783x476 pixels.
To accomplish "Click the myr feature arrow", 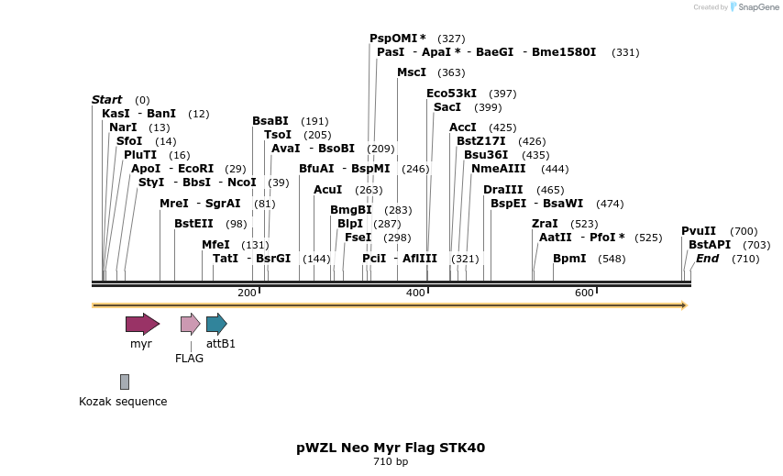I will tap(142, 323).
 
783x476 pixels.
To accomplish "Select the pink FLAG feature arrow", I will tap(190, 323).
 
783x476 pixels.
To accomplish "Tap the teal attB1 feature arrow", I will tap(216, 323).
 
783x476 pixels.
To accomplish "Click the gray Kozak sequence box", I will tap(125, 382).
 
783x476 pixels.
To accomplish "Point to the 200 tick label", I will tap(247, 293).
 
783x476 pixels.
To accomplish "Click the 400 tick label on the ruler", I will tap(415, 293).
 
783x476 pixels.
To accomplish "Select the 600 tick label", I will tap(584, 293).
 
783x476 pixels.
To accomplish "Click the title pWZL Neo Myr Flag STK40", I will tap(391, 448).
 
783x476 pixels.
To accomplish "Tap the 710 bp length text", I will tap(391, 461).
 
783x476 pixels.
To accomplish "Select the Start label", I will tap(106, 100).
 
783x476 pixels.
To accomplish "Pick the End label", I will tap(707, 259).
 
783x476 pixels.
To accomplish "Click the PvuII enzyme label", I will tap(699, 231).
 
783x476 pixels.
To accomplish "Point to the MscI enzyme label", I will tap(412, 72).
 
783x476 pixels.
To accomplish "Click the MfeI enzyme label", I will tap(216, 245).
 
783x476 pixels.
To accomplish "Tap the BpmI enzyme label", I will tap(569, 259).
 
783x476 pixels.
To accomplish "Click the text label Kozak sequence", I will tap(123, 401).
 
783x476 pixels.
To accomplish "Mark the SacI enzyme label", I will tap(447, 107).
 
